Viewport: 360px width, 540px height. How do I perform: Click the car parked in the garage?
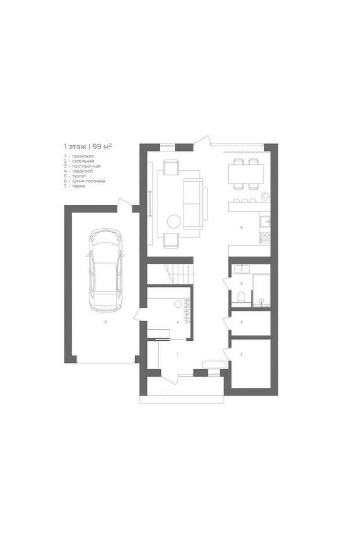click(106, 271)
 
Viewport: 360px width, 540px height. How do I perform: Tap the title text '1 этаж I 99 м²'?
click(88, 146)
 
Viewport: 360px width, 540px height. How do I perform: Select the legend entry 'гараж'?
click(78, 186)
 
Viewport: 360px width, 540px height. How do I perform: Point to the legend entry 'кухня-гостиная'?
click(88, 181)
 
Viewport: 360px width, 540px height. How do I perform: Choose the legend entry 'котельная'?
click(83, 161)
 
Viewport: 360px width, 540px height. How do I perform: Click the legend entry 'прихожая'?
click(82, 156)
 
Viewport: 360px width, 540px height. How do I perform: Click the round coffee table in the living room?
click(174, 221)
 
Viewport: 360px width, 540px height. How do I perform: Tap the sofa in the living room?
click(193, 204)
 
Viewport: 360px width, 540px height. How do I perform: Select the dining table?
click(246, 174)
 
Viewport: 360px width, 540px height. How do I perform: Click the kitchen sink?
click(265, 222)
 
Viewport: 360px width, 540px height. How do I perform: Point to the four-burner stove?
click(265, 237)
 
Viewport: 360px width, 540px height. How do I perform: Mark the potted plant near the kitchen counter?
click(264, 196)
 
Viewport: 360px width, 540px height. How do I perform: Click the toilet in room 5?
click(242, 297)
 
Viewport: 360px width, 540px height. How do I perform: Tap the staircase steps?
click(179, 274)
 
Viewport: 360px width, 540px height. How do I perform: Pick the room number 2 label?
click(242, 354)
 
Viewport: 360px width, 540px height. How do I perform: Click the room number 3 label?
click(242, 322)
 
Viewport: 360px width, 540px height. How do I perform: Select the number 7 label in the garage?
click(106, 322)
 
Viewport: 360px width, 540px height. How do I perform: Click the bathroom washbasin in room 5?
click(242, 269)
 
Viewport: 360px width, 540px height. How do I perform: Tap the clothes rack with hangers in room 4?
click(188, 311)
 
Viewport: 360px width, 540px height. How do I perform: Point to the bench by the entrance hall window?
click(214, 365)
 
